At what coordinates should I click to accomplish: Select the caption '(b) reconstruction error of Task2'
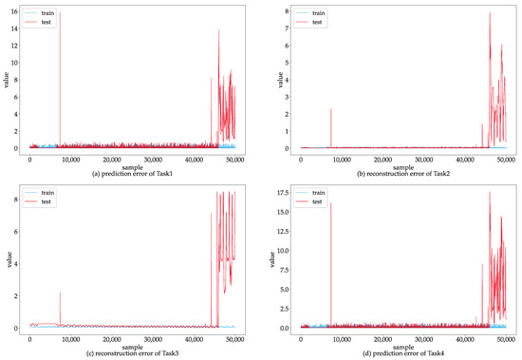click(x=399, y=172)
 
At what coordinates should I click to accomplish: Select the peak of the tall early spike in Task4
click(x=330, y=203)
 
